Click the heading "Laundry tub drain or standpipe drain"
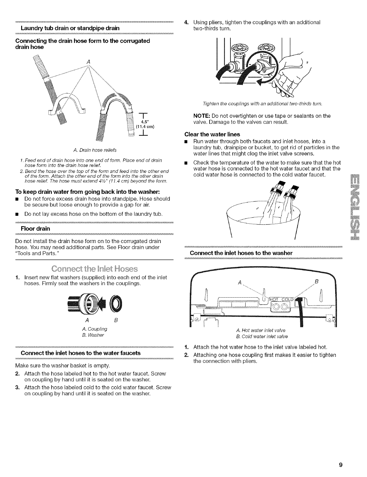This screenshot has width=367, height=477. click(70, 28)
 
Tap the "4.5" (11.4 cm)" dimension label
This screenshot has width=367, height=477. click(142, 125)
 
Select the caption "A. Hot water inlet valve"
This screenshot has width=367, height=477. click(260, 330)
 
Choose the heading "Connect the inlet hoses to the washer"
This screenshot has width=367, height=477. click(241, 253)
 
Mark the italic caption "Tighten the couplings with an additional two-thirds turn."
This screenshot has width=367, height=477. click(262, 104)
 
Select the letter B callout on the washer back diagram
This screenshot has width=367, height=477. click(316, 282)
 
